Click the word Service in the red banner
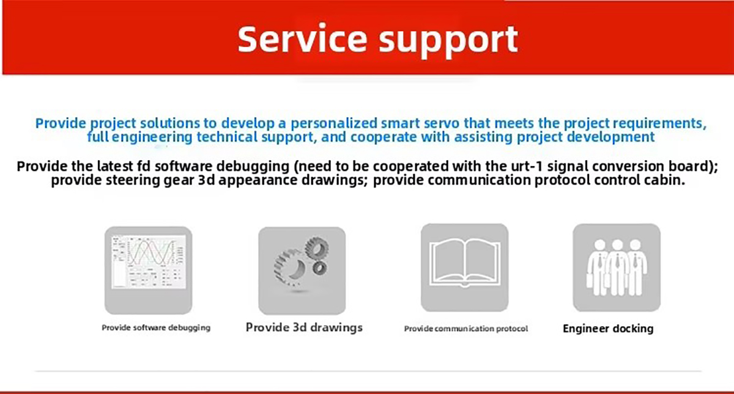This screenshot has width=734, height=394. pos(302,39)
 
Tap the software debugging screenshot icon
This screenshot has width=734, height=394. pos(149,270)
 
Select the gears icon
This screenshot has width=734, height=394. pos(302,271)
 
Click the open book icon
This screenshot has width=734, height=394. pos(465,268)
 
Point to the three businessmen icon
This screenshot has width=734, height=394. pos(617,268)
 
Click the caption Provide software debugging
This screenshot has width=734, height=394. pos(156,327)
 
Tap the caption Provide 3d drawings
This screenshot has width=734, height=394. pos(304,327)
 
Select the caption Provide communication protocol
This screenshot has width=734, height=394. pos(466,329)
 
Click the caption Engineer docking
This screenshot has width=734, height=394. pos(608,329)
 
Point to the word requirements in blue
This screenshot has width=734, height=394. pos(659,123)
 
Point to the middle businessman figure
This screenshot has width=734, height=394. pos(617,268)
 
